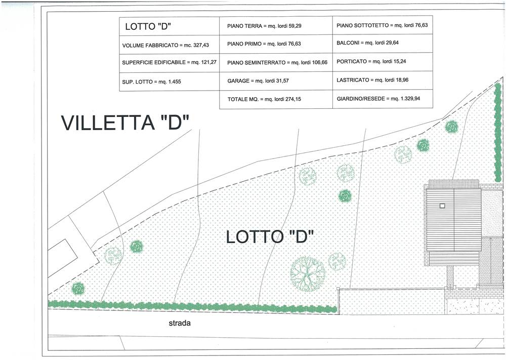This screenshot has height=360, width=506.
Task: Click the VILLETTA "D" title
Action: (125, 123)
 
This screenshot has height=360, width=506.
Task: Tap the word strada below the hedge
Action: (180, 323)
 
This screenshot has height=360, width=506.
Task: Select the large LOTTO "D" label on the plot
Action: (270, 236)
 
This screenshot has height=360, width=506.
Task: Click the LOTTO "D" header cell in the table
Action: (170, 26)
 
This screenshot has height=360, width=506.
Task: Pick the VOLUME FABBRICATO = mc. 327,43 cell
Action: (170, 45)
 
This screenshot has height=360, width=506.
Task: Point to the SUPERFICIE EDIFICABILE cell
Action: (170, 63)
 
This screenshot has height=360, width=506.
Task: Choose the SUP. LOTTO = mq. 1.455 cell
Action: (170, 82)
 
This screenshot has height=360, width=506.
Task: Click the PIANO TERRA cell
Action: (276, 26)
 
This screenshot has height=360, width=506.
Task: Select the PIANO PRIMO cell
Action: (276, 44)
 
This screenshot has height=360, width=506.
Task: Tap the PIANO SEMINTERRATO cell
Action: (276, 62)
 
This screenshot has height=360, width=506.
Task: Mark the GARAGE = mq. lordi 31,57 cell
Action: (276, 81)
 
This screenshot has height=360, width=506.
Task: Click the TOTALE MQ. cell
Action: (276, 99)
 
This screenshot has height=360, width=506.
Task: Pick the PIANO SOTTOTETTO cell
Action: (383, 25)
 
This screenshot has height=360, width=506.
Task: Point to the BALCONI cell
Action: (383, 43)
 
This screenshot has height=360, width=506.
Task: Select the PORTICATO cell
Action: (383, 62)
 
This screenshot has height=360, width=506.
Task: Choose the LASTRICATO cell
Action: (383, 80)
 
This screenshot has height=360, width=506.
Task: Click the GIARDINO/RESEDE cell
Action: (383, 99)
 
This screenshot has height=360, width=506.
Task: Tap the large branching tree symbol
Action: (308, 274)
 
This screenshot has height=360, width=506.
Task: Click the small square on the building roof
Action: (442, 206)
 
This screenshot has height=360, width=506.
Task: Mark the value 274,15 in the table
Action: (293, 99)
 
